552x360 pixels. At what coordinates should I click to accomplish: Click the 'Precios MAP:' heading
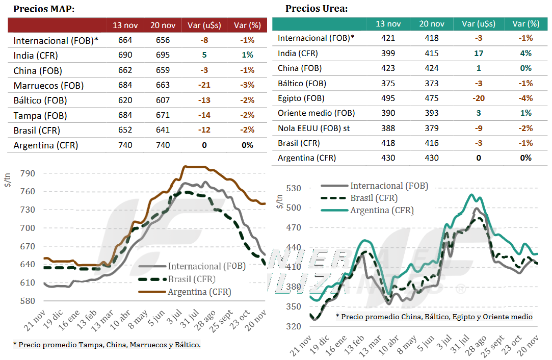tap(44, 9)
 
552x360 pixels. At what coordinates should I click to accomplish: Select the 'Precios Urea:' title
tap(317, 8)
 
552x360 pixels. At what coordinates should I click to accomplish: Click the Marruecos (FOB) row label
tap(48, 86)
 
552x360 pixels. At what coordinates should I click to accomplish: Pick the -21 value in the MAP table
tap(204, 86)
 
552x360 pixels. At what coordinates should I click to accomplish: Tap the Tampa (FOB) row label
tap(40, 116)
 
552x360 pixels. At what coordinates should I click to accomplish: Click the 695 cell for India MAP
tap(163, 56)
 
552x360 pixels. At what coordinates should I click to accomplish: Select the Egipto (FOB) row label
tap(301, 98)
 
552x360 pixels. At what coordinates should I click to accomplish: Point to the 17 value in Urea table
tap(478, 53)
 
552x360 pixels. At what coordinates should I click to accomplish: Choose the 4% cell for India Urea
tap(526, 53)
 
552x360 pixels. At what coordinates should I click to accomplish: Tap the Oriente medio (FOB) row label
tap(316, 113)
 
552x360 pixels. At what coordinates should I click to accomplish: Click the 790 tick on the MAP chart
tap(27, 173)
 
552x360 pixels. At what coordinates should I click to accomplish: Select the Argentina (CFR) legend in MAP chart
tap(199, 292)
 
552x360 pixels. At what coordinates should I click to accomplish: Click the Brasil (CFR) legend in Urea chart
tap(374, 198)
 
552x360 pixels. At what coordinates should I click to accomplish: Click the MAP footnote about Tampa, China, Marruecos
tap(107, 345)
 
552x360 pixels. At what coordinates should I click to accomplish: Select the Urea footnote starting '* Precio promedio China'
tap(434, 317)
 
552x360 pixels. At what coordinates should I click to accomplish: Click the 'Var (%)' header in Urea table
tap(526, 23)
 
